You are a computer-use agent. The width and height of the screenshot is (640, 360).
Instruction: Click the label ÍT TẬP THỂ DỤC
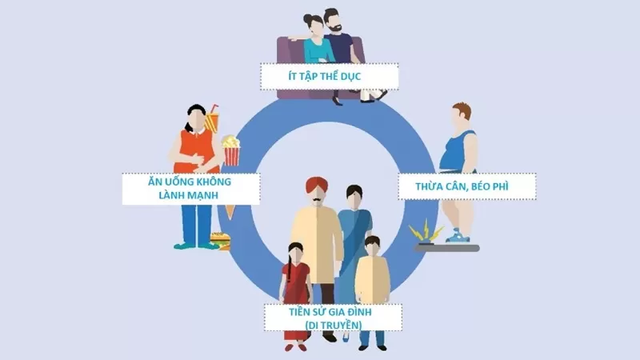pyautogui.click(x=328, y=76)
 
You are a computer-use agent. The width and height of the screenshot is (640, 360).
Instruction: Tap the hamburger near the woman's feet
pyautogui.click(x=218, y=239)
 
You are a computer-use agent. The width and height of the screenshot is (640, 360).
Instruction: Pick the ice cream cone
pyautogui.click(x=230, y=210)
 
